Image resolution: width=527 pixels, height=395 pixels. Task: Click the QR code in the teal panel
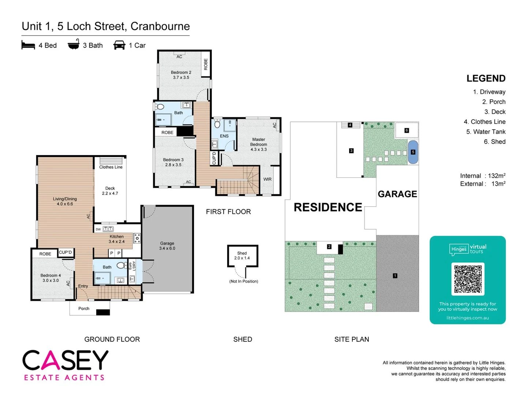pos(468,279)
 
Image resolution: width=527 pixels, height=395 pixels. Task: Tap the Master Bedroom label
pos(258,144)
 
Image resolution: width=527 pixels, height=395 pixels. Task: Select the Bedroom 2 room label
pos(181,75)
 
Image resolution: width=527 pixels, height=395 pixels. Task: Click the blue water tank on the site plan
pos(413,152)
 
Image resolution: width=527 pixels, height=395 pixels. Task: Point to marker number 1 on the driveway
pos(395,276)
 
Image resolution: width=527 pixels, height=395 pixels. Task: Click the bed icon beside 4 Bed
pos(28,45)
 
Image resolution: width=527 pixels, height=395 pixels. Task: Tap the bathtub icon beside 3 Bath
pos(74,45)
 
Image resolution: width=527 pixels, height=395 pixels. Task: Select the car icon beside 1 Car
pos(119,45)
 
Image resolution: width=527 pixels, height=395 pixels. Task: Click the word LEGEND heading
pos(486,79)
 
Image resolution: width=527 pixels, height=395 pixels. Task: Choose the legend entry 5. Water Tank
pos(486,132)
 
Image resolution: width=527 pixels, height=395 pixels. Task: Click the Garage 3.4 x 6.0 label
pos(167,246)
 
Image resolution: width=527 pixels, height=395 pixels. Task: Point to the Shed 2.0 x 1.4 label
pos(242,256)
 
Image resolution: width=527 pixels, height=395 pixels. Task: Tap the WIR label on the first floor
pos(268,179)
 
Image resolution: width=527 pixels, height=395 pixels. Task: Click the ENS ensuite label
pos(224,136)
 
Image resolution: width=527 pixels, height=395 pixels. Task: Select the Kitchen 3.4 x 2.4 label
pos(116,239)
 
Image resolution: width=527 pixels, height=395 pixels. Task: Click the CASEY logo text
pos(66,360)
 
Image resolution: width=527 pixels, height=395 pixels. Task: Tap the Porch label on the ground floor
pos(84,309)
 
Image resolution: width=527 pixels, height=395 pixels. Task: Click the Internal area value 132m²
pos(497,176)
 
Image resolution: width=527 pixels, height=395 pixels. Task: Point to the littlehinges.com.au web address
pos(467,318)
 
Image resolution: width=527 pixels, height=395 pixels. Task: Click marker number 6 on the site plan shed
pos(407,131)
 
